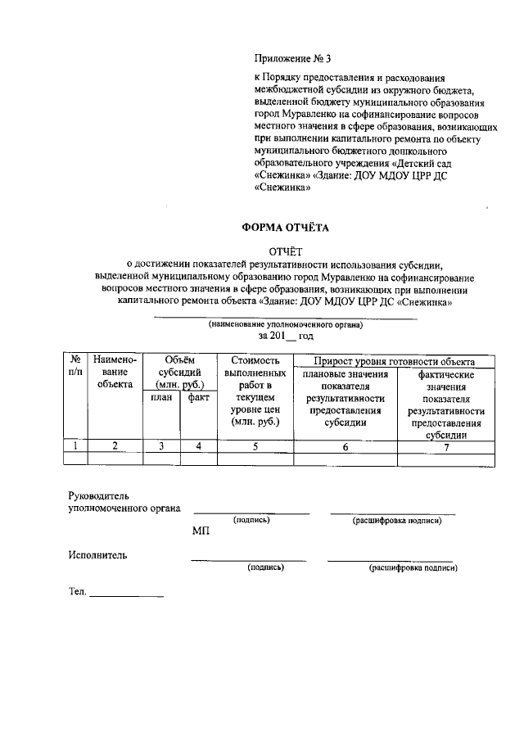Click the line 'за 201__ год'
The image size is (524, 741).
(x=285, y=337)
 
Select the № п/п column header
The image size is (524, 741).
(x=75, y=366)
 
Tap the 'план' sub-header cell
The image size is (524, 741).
(x=161, y=398)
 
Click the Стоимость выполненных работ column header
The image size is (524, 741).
(x=255, y=391)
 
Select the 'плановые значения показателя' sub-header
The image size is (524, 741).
(x=345, y=398)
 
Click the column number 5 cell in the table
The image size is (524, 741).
(x=255, y=446)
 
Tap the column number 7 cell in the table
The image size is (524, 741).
(x=446, y=446)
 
